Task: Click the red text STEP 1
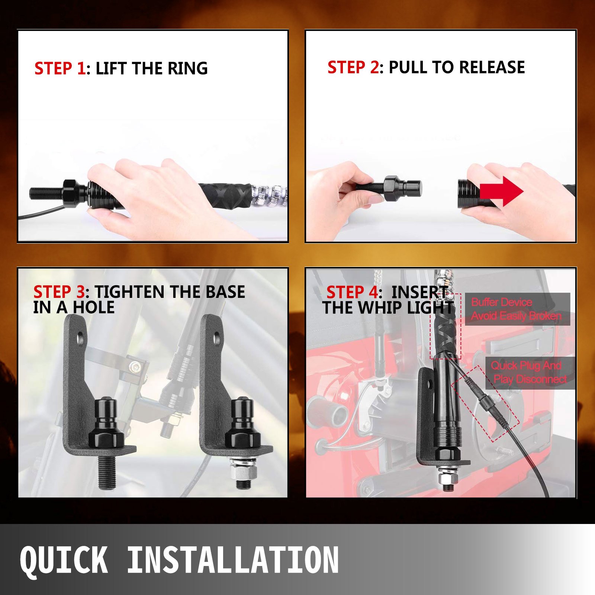point(59,68)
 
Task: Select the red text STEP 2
point(353,67)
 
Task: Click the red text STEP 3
point(59,292)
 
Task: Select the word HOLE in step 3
point(94,308)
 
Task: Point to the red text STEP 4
point(352,292)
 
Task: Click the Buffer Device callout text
point(516,309)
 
